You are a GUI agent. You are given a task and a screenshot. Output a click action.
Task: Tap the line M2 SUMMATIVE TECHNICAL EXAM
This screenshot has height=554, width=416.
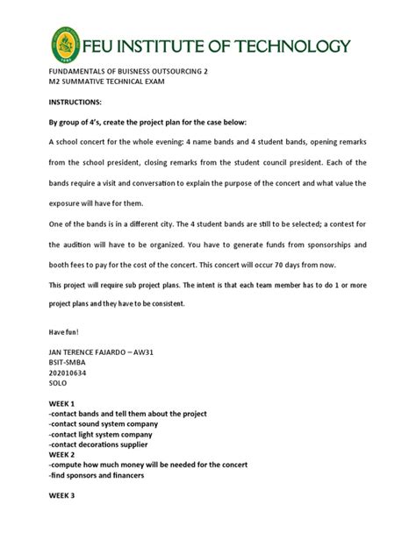pos(107,82)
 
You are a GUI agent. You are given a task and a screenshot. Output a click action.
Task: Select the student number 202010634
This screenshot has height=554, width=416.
pos(72,383)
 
